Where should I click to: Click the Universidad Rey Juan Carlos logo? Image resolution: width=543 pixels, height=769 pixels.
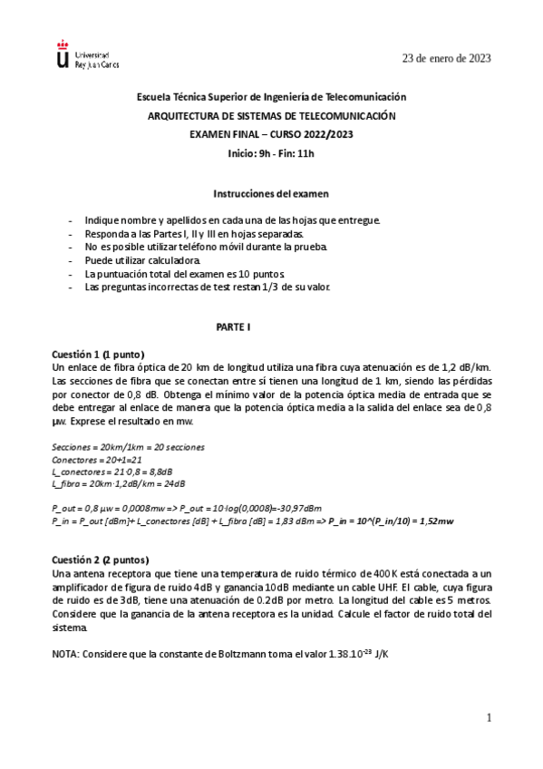(x=86, y=55)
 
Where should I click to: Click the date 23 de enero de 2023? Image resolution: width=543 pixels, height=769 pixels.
(x=447, y=58)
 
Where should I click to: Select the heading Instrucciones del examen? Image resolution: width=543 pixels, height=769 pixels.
(x=270, y=193)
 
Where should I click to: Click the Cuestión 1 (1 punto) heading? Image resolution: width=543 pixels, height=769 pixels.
(x=99, y=354)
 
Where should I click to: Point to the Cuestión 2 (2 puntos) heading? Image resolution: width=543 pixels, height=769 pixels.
(x=101, y=559)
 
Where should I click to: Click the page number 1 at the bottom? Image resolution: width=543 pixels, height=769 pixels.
(x=488, y=718)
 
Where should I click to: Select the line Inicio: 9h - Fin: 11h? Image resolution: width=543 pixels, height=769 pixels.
(x=270, y=152)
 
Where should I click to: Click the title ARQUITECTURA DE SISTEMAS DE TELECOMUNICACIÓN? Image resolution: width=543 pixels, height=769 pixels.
(x=271, y=116)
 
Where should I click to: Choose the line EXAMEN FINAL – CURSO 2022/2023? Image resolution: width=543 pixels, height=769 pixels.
(x=270, y=134)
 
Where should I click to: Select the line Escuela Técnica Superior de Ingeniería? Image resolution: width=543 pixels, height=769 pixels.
(x=271, y=97)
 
